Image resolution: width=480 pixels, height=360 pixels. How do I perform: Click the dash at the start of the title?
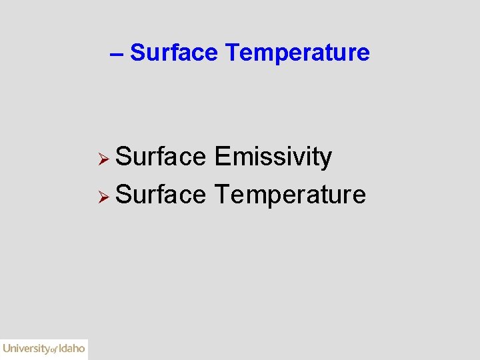(116, 53)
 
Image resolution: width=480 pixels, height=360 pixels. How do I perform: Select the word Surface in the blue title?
(174, 52)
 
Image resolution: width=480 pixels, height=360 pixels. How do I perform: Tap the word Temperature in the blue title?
(297, 52)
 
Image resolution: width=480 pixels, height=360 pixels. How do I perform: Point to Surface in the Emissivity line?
(161, 157)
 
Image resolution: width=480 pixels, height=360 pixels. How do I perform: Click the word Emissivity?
(273, 157)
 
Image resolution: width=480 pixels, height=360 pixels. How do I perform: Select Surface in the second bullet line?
(161, 195)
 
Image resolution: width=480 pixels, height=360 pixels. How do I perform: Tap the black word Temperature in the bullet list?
(290, 195)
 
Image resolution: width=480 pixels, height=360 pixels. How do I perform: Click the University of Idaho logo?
(44, 348)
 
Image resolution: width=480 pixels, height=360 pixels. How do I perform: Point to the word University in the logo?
(26, 348)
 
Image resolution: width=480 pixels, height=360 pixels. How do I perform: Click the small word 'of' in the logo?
(55, 349)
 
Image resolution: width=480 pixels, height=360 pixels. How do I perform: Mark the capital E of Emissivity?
(221, 157)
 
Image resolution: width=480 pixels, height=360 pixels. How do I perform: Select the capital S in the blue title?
(137, 52)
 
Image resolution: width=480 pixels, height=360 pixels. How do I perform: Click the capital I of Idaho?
(60, 347)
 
